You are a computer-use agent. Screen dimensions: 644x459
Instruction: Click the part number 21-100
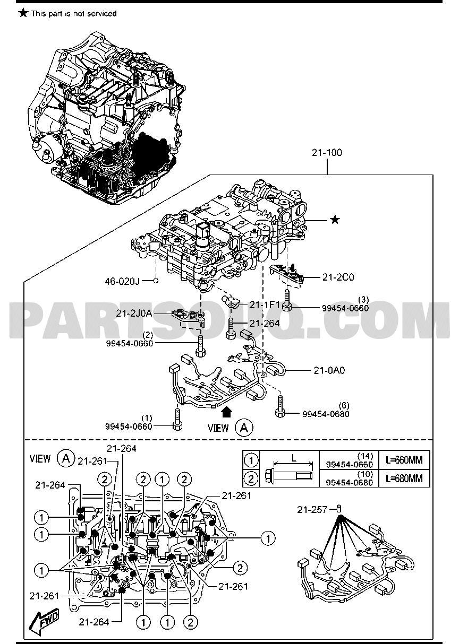click(x=327, y=153)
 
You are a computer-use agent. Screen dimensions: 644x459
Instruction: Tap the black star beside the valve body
click(x=334, y=220)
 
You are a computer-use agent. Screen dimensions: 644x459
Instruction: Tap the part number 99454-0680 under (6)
click(x=325, y=414)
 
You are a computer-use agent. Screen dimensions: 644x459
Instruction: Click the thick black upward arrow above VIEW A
click(x=227, y=411)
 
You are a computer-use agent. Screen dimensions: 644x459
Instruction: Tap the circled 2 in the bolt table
click(x=251, y=478)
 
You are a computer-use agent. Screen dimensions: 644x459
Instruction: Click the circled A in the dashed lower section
click(x=66, y=458)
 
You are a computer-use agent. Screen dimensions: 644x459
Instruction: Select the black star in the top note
click(x=23, y=13)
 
